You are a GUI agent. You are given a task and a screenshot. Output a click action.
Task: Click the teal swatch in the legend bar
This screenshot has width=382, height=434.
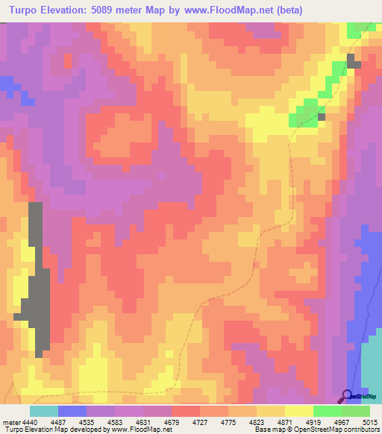pos(44,411)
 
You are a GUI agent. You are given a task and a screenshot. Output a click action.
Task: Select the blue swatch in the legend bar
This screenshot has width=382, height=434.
pos(72,411)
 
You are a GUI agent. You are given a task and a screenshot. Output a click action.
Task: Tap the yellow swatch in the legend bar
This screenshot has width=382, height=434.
pos(299,411)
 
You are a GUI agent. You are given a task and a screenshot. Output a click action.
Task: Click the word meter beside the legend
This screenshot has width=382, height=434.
pos(10,421)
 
